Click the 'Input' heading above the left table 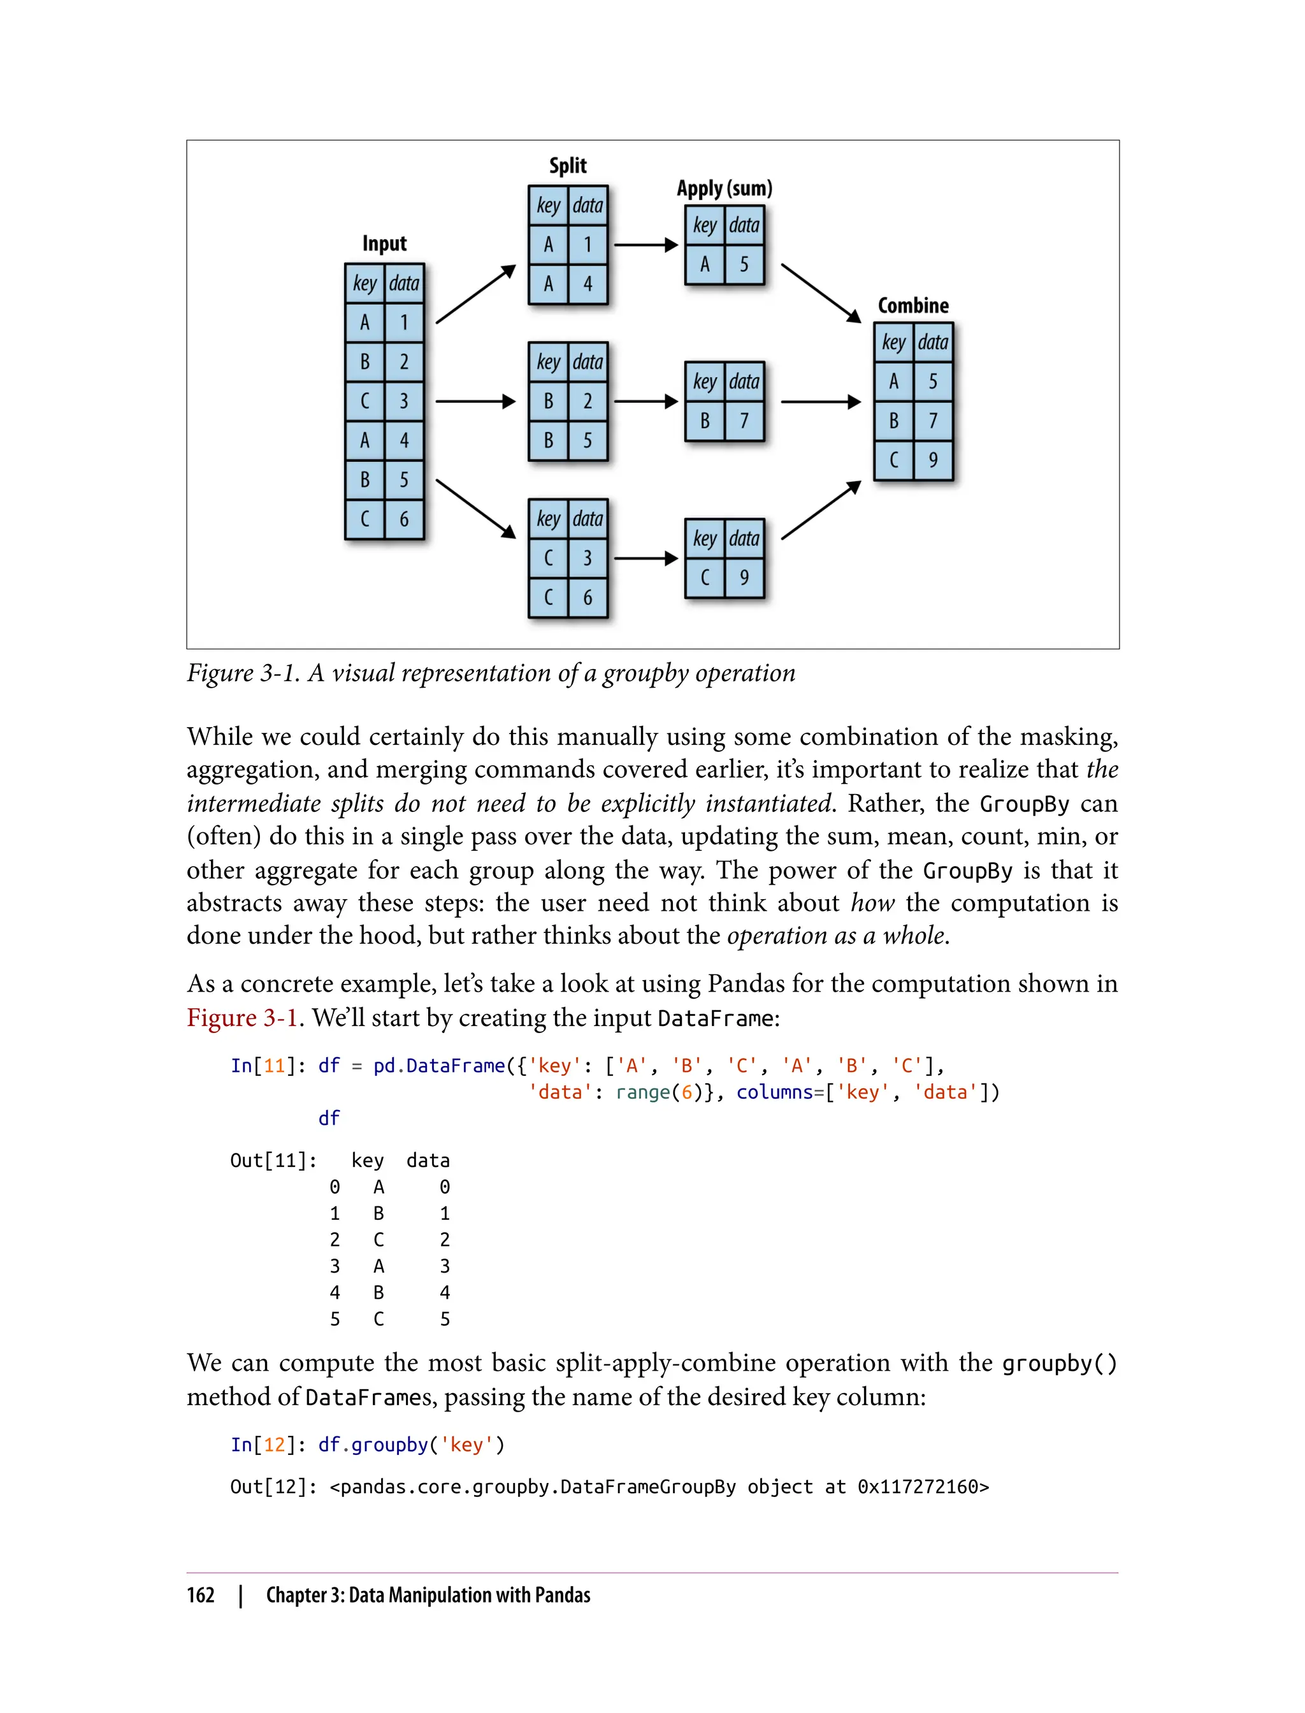coord(384,244)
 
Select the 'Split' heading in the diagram coord(568,166)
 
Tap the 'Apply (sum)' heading coord(724,189)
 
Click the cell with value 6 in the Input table coord(404,519)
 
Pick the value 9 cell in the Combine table coord(933,460)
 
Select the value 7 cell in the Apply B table coord(744,421)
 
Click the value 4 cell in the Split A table coord(588,284)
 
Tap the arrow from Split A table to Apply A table coord(645,245)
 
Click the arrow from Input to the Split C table coord(475,508)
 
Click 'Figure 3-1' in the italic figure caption coord(242,673)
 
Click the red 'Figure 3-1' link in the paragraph coord(242,1018)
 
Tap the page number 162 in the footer coord(201,1595)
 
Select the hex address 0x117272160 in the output coord(923,1487)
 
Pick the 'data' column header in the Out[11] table coord(428,1160)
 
